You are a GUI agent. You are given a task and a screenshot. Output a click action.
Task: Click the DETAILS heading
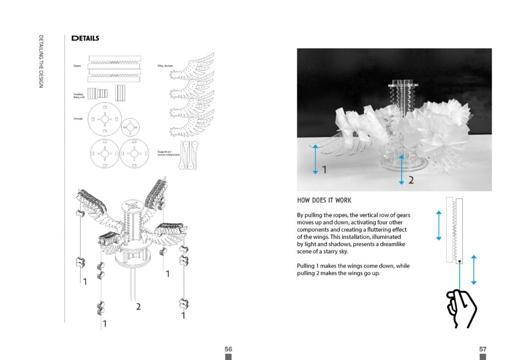tap(85, 38)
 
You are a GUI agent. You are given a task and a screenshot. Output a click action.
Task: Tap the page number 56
tap(228, 349)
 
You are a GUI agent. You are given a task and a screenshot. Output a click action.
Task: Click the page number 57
tap(483, 349)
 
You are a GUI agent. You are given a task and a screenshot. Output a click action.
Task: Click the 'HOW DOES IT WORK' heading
tap(324, 200)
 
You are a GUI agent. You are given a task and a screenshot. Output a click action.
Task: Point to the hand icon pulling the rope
tap(461, 308)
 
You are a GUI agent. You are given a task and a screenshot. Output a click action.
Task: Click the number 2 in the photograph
tap(411, 180)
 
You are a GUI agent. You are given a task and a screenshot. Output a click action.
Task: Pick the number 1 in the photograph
tap(324, 170)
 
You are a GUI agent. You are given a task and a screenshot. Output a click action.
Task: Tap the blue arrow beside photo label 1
tap(315, 159)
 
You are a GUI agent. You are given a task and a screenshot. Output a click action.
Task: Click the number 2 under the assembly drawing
tap(138, 307)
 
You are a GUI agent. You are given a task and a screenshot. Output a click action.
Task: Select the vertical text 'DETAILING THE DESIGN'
tap(41, 62)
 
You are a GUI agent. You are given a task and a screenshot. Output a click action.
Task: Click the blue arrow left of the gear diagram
tap(438, 225)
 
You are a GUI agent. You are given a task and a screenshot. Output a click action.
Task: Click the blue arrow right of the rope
tap(474, 270)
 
